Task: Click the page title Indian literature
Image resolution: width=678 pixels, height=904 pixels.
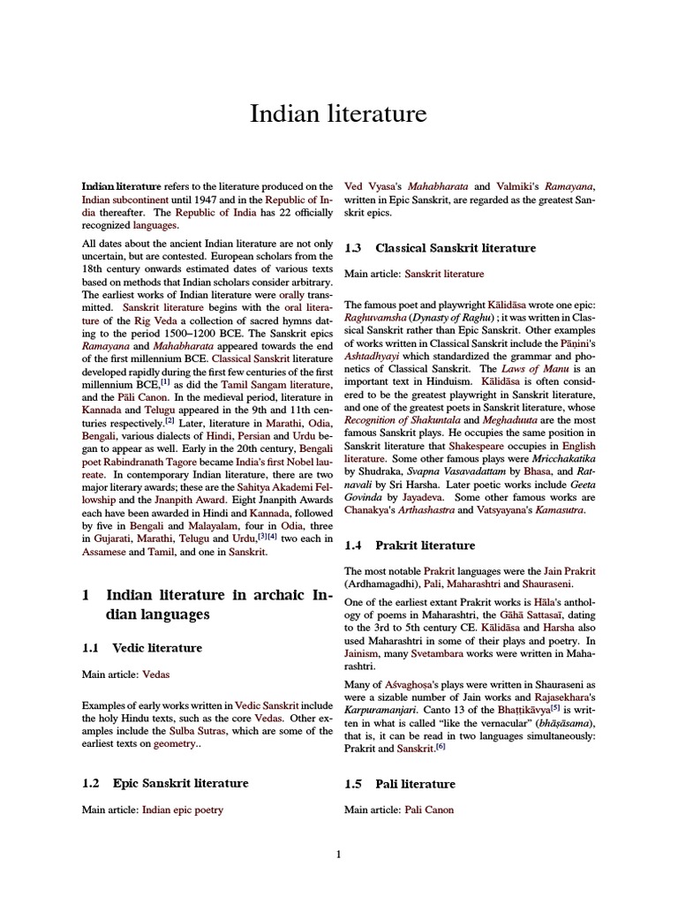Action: (x=339, y=114)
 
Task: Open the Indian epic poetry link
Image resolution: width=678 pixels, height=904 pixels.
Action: (x=183, y=810)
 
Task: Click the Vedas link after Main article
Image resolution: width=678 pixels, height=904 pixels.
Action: (x=155, y=674)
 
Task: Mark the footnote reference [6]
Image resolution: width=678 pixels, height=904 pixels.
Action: (x=441, y=747)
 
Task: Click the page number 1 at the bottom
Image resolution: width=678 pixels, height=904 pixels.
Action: (x=339, y=854)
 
